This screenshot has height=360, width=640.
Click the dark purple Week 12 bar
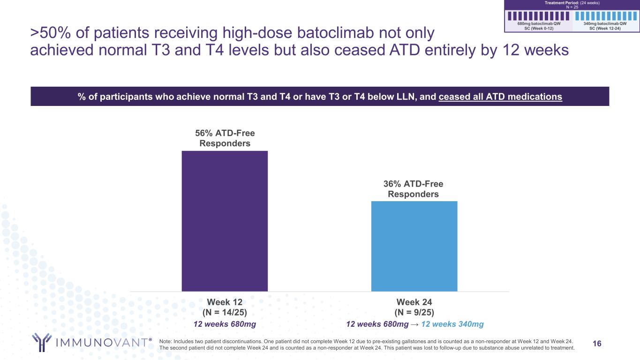(x=225, y=221)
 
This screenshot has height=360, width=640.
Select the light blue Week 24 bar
(x=414, y=246)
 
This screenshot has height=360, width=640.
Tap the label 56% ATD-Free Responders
(x=225, y=138)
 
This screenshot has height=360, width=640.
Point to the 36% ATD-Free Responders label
(x=414, y=189)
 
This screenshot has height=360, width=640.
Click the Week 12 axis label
(x=225, y=302)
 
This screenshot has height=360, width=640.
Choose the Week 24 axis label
(x=414, y=302)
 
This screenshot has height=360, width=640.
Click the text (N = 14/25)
(x=225, y=312)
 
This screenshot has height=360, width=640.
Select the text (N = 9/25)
(x=414, y=312)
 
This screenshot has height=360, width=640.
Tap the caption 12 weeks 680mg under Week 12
(x=225, y=324)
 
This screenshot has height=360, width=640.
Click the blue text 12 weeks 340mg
(x=452, y=324)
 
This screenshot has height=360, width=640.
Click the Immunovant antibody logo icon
(x=41, y=342)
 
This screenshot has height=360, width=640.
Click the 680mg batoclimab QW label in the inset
(x=539, y=23)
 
